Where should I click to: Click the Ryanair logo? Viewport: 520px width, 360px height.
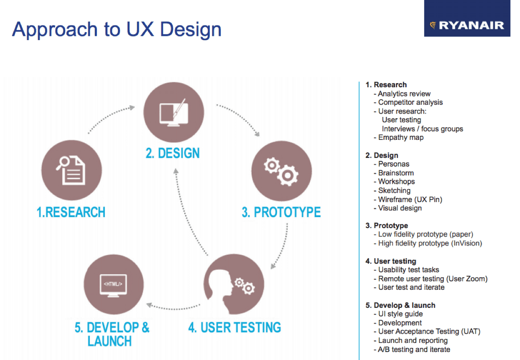[x=467, y=25]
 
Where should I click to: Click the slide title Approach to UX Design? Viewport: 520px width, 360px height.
[x=117, y=30]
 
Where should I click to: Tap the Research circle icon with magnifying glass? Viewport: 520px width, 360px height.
[x=71, y=170]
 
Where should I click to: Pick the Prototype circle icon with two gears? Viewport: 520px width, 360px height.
[x=281, y=171]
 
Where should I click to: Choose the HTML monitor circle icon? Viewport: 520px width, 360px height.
[x=113, y=284]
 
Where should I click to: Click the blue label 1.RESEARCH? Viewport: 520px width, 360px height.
[x=71, y=212]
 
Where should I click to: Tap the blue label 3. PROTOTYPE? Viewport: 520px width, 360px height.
[x=281, y=212]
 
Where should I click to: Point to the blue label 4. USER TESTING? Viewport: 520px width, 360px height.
[x=235, y=327]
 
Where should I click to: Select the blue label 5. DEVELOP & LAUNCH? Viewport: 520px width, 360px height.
[x=112, y=334]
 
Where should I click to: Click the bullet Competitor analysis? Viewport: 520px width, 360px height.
[x=410, y=102]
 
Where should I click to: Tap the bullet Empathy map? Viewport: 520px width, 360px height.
[x=400, y=137]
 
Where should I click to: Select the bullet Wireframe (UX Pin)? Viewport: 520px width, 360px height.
[x=410, y=200]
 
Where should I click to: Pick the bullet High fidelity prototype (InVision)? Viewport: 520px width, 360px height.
[x=430, y=243]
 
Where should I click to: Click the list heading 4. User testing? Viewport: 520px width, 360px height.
[x=391, y=261]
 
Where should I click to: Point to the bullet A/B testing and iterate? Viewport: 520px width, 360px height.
[x=414, y=350]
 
